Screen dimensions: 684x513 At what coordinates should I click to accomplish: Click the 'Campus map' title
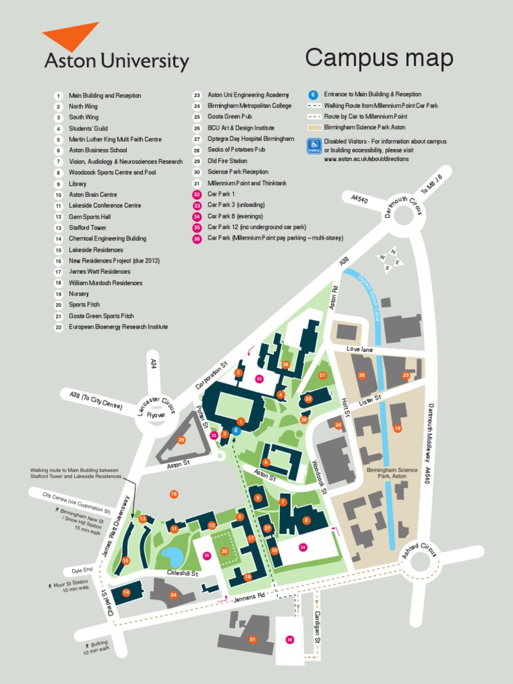click(379, 58)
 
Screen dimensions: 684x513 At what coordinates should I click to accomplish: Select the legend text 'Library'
click(77, 183)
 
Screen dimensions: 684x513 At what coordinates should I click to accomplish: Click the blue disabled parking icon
click(314, 146)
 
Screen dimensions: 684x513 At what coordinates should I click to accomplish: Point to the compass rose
click(389, 261)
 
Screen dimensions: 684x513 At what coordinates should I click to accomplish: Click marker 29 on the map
click(180, 440)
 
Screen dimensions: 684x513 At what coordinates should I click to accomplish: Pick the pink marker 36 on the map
click(289, 639)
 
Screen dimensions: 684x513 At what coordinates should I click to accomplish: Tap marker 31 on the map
click(252, 639)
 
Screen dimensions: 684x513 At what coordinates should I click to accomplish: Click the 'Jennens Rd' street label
click(248, 596)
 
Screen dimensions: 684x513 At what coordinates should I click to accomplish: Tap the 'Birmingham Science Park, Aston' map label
click(392, 474)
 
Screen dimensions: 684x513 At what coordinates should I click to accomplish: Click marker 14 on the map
click(126, 592)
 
